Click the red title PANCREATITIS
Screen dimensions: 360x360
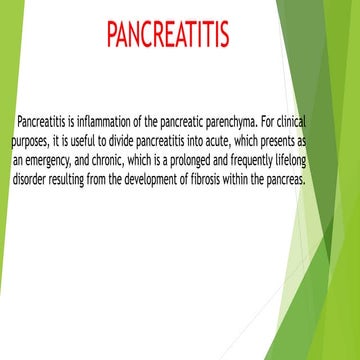click(x=168, y=35)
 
